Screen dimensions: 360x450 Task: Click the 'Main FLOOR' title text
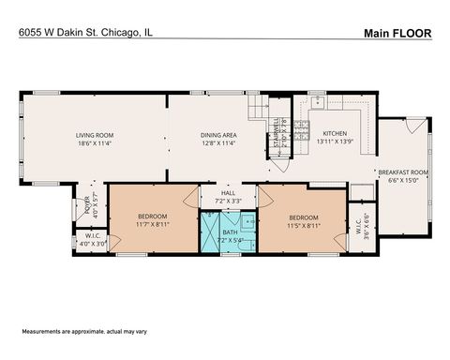pos(397,34)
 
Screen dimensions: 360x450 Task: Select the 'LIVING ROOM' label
pos(95,136)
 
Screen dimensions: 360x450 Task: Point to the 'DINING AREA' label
pos(217,136)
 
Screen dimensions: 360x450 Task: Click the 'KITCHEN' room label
pos(335,133)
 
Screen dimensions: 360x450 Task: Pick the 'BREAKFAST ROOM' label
pos(402,172)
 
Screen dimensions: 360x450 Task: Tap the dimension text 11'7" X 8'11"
pos(152,224)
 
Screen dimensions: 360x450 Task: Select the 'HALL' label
pos(227,194)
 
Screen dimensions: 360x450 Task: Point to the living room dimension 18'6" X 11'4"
pos(95,144)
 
